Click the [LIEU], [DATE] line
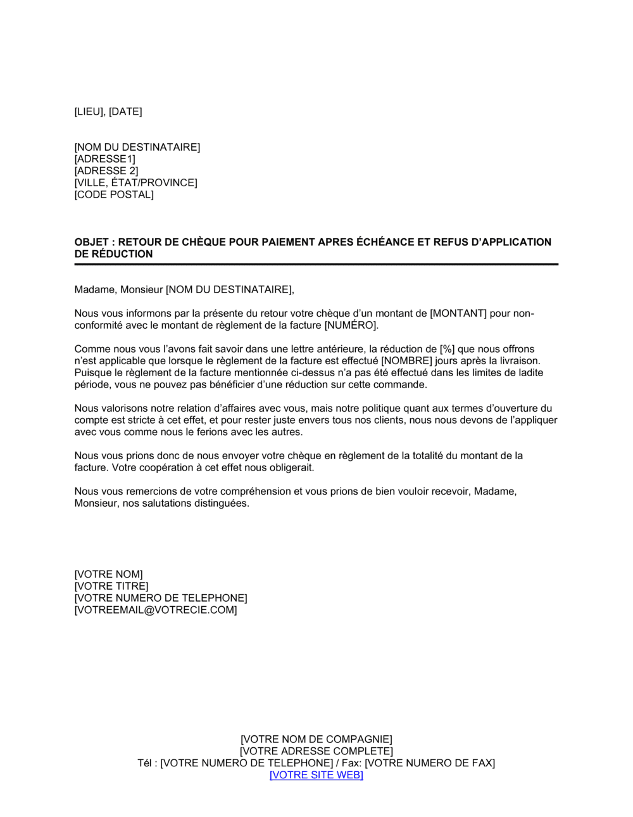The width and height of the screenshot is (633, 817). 108,112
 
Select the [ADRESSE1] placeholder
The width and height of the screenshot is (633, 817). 104,159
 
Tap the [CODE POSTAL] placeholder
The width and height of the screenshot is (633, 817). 114,194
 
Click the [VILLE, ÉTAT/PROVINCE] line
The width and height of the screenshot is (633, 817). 135,183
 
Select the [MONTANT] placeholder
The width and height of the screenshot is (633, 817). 458,313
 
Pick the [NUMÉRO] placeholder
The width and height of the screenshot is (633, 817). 351,326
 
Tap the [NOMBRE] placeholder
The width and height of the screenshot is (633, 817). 406,361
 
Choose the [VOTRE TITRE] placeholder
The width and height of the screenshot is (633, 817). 111,586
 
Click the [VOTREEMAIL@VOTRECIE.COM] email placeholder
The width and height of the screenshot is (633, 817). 156,611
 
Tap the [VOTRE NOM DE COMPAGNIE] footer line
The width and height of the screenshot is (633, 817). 316,740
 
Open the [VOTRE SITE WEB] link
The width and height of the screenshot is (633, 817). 316,775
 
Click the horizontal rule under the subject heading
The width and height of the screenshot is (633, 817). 316,264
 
